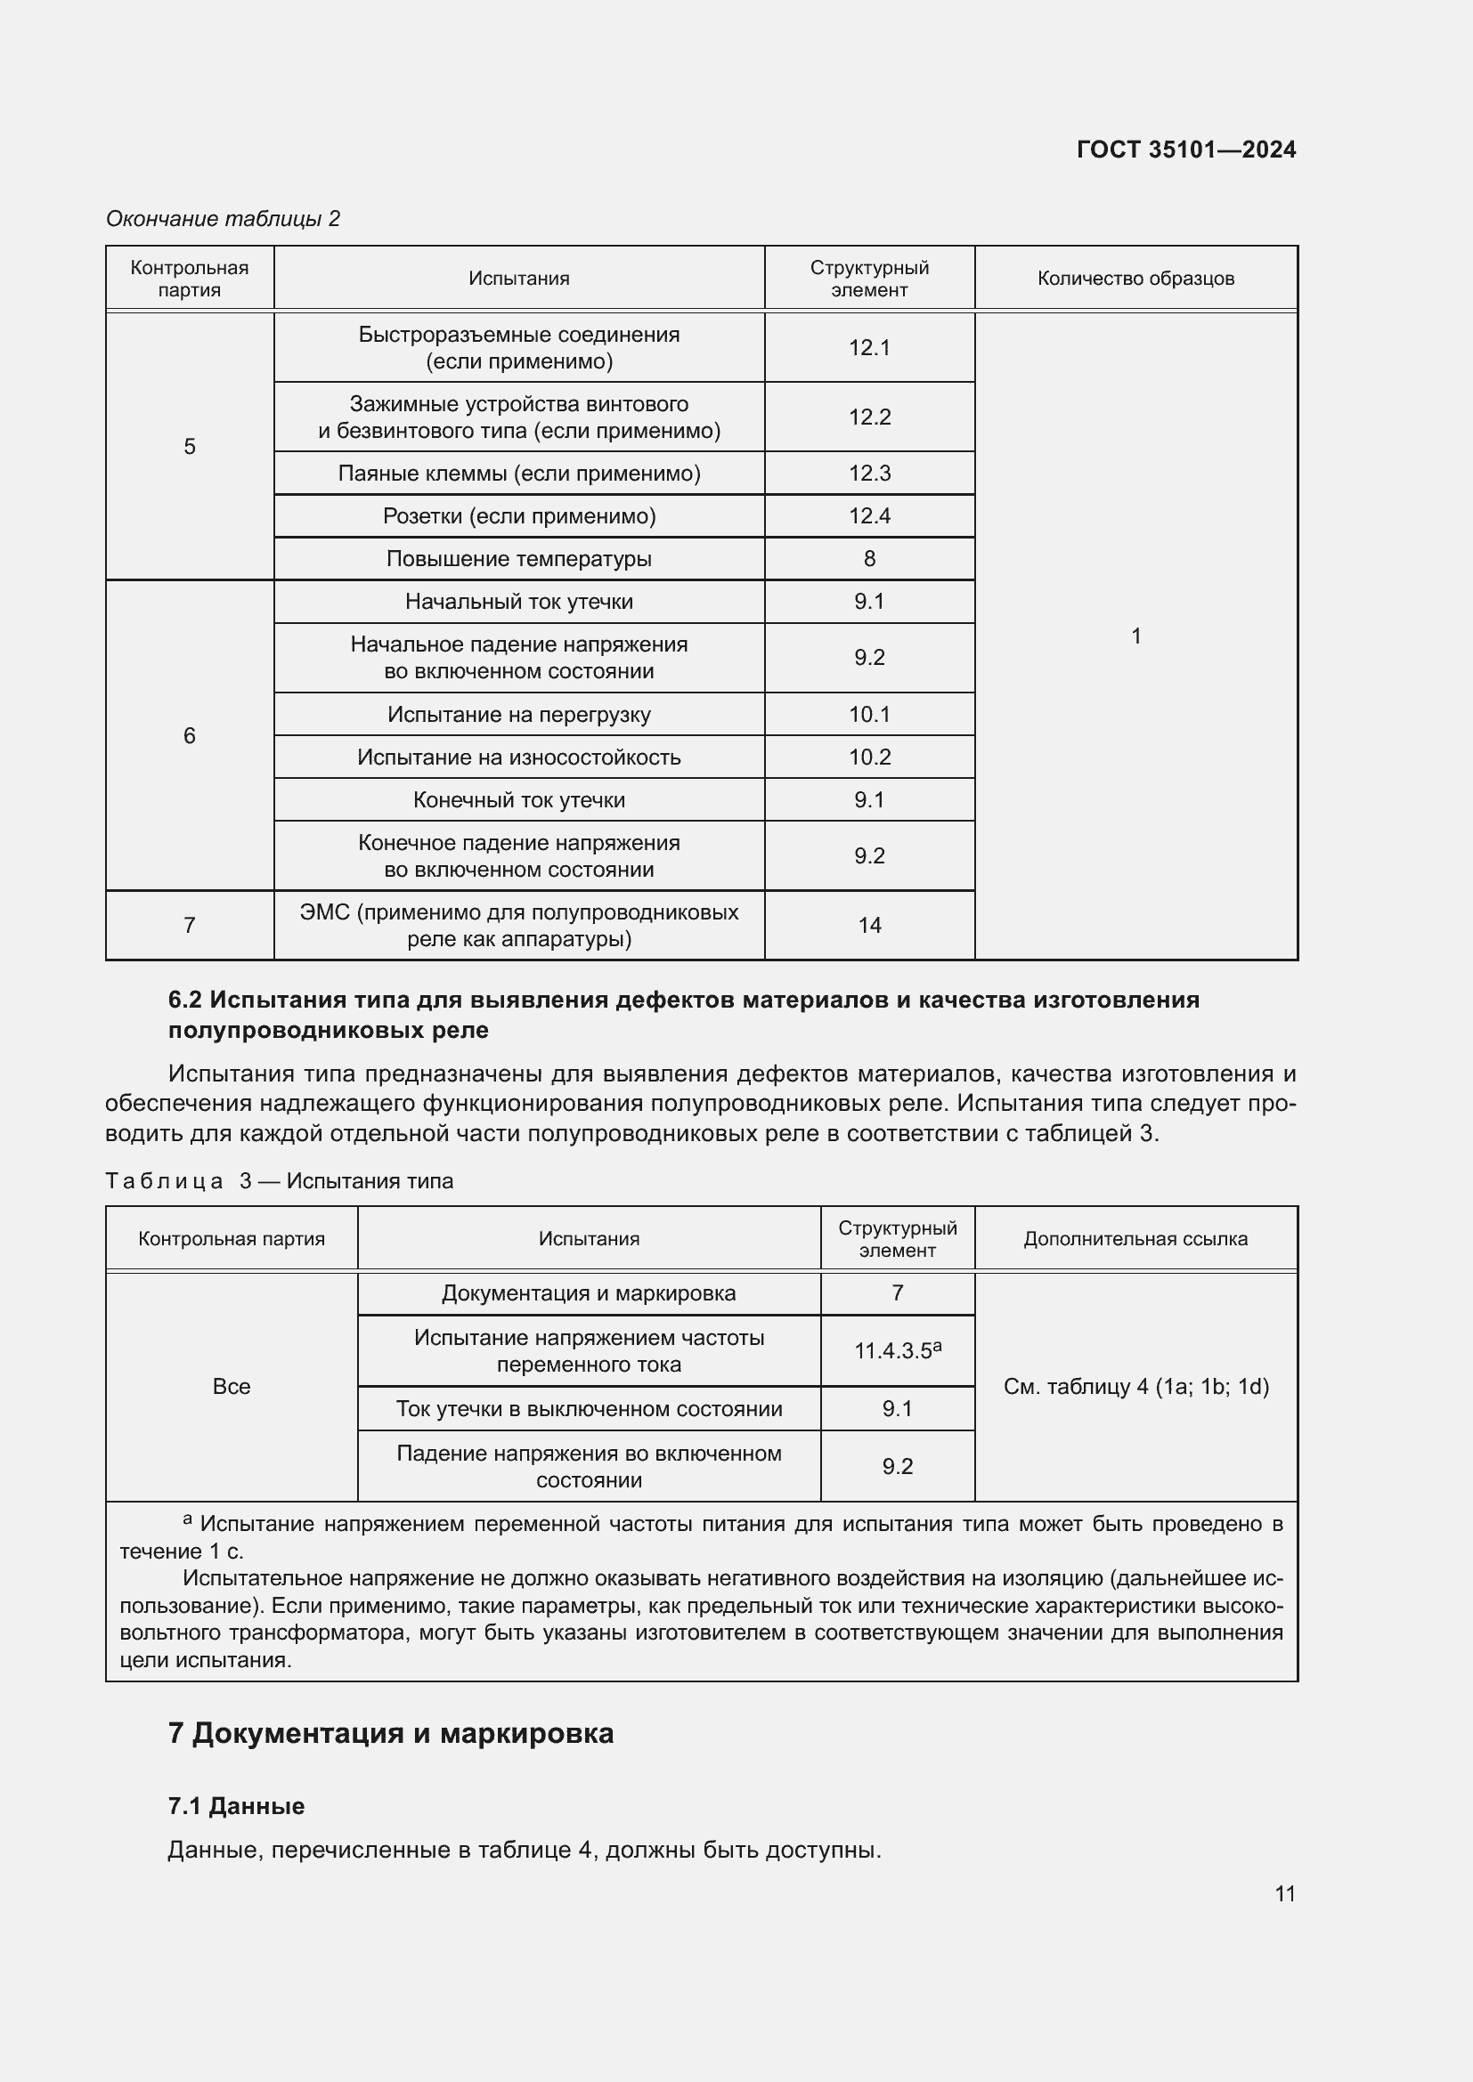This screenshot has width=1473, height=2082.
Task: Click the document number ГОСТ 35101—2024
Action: (1185, 150)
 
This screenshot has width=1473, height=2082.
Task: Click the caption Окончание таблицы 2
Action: (224, 219)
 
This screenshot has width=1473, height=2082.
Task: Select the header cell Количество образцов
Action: (1135, 279)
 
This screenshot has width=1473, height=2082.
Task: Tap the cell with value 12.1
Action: (869, 347)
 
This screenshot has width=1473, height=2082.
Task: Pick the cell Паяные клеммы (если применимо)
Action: (519, 474)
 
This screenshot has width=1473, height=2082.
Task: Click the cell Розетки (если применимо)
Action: (519, 516)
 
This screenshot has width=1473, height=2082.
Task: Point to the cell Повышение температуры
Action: (519, 559)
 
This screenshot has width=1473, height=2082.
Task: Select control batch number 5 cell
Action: (190, 446)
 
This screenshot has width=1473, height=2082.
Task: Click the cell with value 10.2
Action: (869, 757)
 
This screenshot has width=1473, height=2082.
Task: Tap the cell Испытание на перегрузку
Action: (519, 715)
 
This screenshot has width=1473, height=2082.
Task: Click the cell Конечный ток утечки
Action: (519, 800)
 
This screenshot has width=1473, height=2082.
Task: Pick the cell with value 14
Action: (869, 925)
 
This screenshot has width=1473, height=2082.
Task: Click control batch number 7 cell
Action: (190, 925)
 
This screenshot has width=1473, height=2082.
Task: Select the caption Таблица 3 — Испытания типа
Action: (280, 1181)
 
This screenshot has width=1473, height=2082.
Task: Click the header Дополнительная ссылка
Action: (1135, 1239)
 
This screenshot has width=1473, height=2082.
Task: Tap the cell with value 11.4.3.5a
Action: (897, 1351)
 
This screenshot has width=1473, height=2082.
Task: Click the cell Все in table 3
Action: (232, 1387)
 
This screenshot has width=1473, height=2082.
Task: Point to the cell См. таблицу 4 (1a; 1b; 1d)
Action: (1135, 1387)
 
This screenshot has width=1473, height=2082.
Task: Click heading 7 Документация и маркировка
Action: (391, 1734)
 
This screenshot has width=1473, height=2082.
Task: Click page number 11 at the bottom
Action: (1284, 1893)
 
